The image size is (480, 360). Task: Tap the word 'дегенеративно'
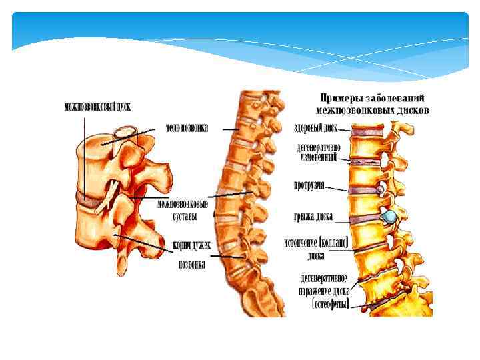[x=318, y=147]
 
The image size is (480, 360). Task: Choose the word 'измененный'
[x=318, y=158]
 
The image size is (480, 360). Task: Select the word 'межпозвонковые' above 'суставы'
[x=182, y=203]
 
